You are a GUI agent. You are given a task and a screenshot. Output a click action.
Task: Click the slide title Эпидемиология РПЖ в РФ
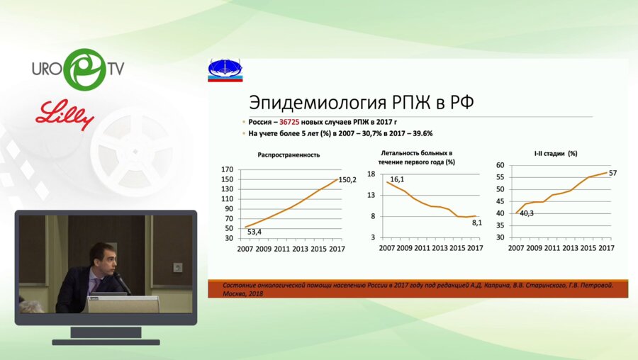(353, 101)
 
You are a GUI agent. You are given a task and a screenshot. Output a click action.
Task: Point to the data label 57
(614, 173)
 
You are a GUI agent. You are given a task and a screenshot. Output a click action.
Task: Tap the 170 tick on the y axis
(228, 170)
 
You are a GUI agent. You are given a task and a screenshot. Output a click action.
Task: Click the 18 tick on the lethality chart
(370, 174)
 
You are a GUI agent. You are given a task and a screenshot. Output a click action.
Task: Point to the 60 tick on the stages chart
(499, 165)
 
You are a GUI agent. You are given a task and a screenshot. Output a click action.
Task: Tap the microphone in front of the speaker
(123, 284)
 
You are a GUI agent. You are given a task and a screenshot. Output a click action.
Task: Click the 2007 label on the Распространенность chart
(245, 248)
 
